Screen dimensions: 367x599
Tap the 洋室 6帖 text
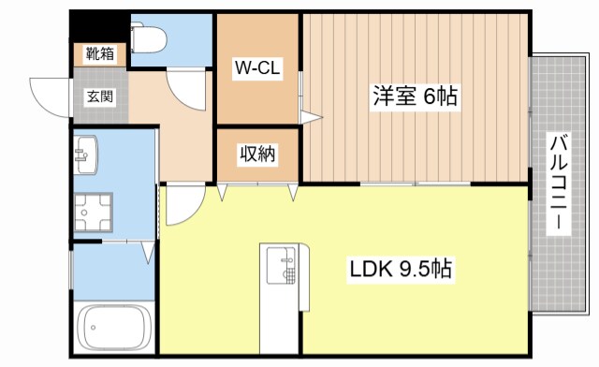tap(416, 96)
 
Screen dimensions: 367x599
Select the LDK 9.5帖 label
tap(402, 271)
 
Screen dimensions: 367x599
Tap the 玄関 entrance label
tap(99, 95)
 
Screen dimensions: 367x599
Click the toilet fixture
tap(150, 37)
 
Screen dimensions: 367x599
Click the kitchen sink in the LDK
tap(281, 265)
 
